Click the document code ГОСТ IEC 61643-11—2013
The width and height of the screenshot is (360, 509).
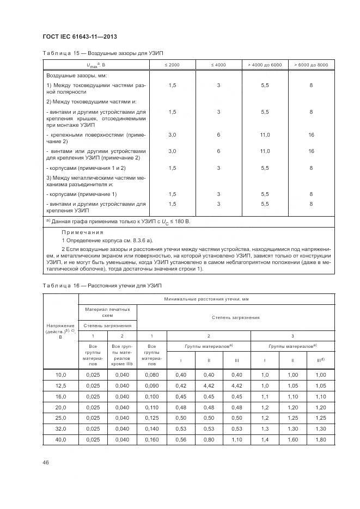click(x=80, y=36)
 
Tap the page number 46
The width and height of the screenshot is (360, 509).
click(x=46, y=462)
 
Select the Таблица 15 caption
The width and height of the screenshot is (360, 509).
click(x=103, y=53)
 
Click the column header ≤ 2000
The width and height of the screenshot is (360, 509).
click(x=172, y=65)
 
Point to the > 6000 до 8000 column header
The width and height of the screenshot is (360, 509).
click(x=311, y=65)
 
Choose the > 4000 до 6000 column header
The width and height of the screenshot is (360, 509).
click(x=265, y=65)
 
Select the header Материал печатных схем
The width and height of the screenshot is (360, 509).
click(x=107, y=311)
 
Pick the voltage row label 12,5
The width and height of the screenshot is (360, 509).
click(x=60, y=385)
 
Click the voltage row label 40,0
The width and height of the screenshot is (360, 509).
click(x=60, y=439)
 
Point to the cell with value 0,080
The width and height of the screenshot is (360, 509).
click(x=154, y=374)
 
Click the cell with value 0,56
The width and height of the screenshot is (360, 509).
click(x=181, y=439)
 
